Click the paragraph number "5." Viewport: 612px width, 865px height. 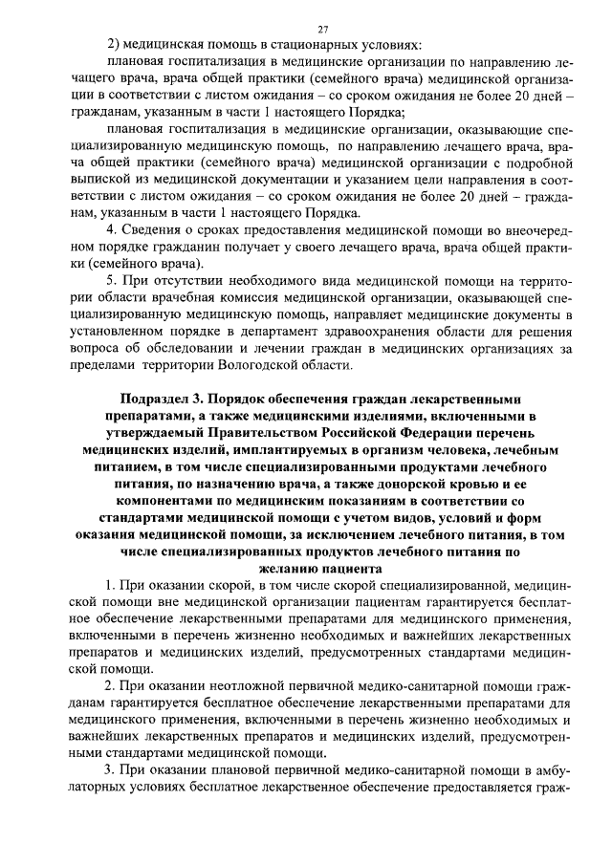[113, 281]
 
